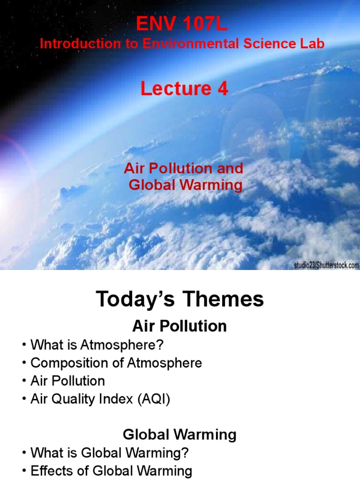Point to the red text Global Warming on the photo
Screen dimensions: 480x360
(186, 185)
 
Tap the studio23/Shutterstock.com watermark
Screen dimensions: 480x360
(326, 265)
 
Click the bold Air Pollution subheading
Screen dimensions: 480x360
(180, 326)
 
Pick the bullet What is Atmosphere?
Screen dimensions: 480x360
(97, 346)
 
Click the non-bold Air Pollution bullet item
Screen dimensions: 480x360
(67, 380)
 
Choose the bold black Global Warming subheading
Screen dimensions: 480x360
(180, 435)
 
